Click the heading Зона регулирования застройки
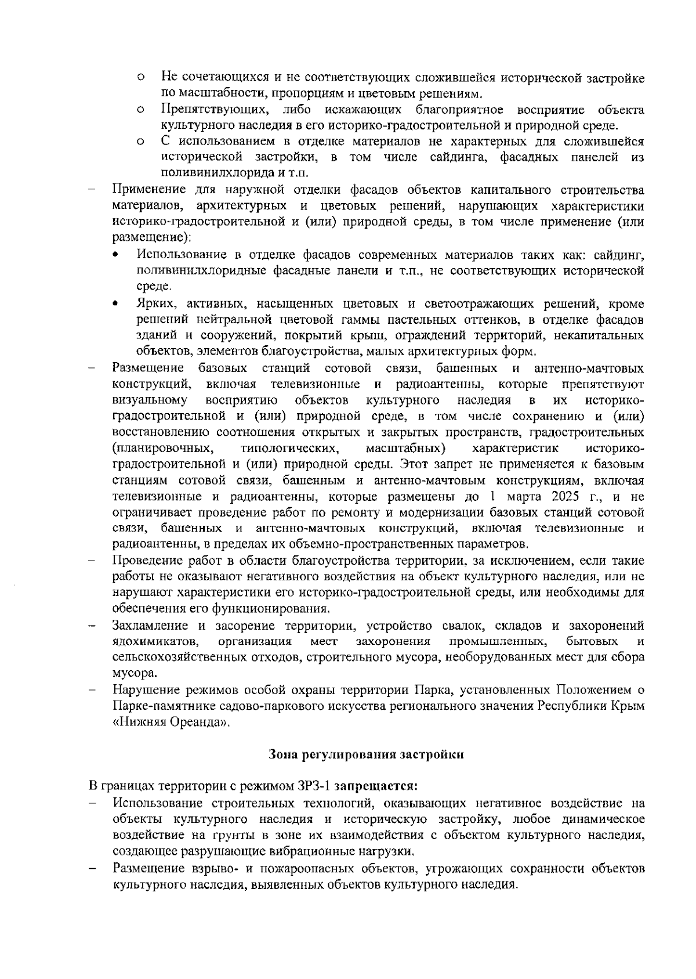[x=367, y=754]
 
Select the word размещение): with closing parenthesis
[x=152, y=237]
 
